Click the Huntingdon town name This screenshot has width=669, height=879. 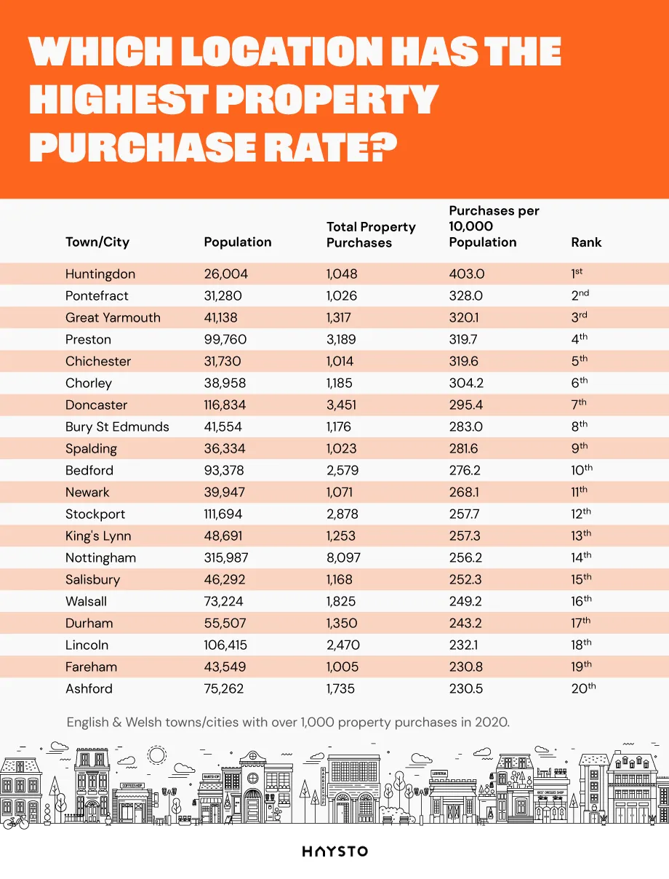pyautogui.click(x=100, y=274)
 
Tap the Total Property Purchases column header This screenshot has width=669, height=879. pyautogui.click(x=371, y=235)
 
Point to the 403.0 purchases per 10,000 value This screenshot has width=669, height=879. pyautogui.click(x=467, y=274)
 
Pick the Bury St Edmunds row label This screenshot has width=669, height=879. pyautogui.click(x=117, y=427)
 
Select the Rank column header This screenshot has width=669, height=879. pyautogui.click(x=586, y=242)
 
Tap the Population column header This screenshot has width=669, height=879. pyautogui.click(x=238, y=242)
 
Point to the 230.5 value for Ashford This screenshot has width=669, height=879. pyautogui.click(x=467, y=689)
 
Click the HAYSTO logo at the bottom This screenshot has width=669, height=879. pyautogui.click(x=334, y=851)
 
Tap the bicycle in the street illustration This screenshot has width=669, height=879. pyautogui.click(x=15, y=822)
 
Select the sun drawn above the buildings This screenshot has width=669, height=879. pyautogui.click(x=156, y=755)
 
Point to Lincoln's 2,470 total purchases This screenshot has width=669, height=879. pyautogui.click(x=343, y=645)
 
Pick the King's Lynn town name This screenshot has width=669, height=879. pyautogui.click(x=98, y=536)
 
